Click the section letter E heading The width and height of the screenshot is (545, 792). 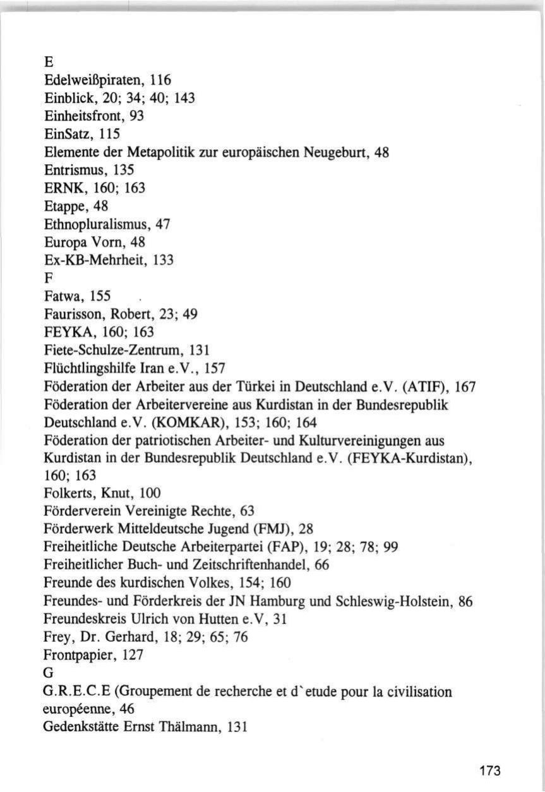(x=48, y=63)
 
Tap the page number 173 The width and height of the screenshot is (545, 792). (x=489, y=771)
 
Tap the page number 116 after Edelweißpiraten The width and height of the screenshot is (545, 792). (x=160, y=80)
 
